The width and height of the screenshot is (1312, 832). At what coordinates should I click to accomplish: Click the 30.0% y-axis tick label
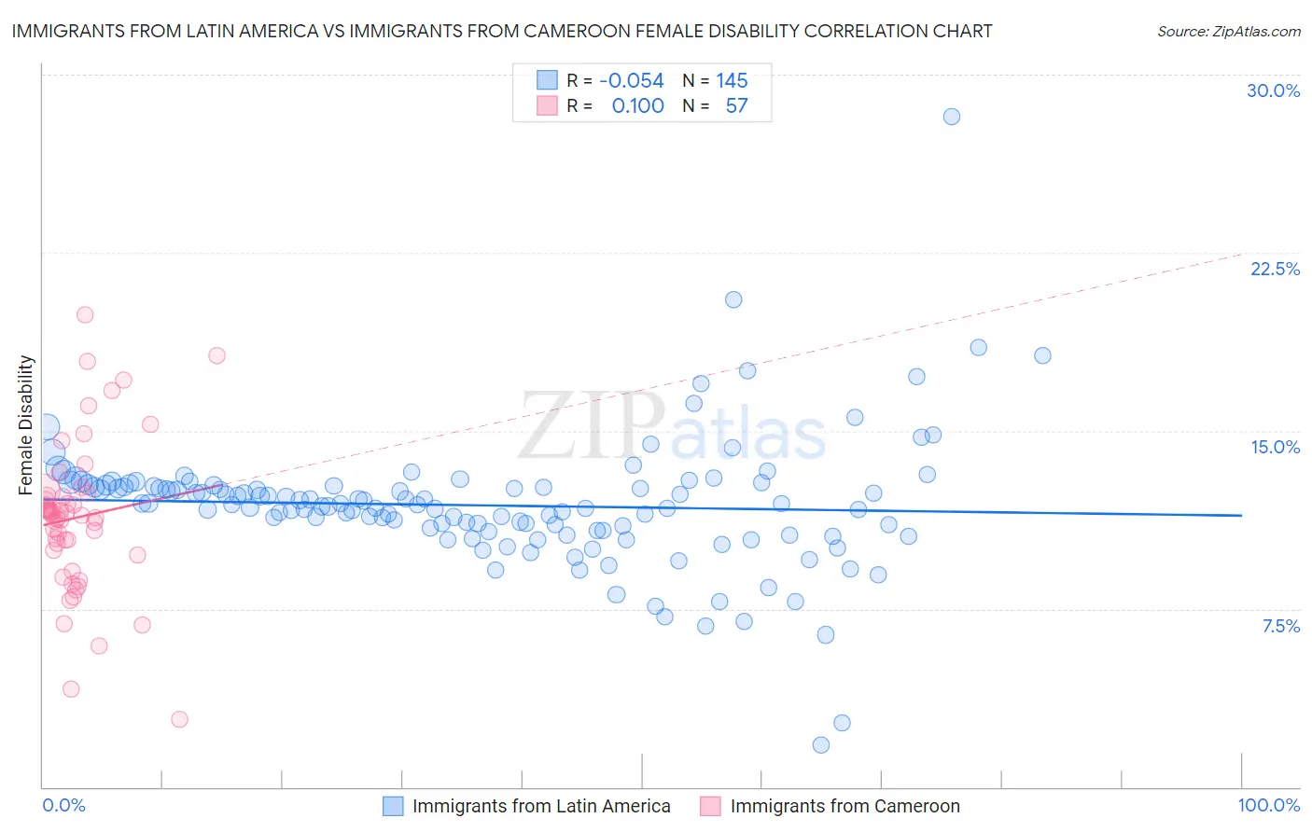[x=1273, y=90]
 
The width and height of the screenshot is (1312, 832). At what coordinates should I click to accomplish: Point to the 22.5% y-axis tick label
[x=1275, y=269]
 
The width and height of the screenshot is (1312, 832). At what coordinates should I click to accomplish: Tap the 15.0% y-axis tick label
[x=1275, y=447]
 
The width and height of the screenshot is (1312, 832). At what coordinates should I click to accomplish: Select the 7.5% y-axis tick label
[x=1280, y=626]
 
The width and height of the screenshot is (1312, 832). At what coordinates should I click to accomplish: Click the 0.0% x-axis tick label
[x=63, y=805]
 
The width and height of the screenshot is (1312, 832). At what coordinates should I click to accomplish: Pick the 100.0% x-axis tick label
[x=1269, y=805]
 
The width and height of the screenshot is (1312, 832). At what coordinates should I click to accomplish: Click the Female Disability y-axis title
[x=26, y=424]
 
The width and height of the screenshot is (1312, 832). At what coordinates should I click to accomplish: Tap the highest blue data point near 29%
[x=951, y=117]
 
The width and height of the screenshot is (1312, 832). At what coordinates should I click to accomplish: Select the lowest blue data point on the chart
[x=821, y=744]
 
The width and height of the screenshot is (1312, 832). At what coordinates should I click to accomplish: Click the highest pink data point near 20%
[x=85, y=314]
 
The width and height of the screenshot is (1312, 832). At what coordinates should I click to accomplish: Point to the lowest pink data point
[x=179, y=719]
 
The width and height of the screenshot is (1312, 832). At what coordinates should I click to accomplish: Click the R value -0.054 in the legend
[x=632, y=81]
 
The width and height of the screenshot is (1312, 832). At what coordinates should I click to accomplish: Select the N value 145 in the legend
[x=732, y=81]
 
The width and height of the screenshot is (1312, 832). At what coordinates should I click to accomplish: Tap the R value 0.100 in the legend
[x=637, y=106]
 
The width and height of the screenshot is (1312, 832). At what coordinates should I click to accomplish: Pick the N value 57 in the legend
[x=736, y=106]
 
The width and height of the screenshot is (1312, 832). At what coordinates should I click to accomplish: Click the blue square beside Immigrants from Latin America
[x=394, y=806]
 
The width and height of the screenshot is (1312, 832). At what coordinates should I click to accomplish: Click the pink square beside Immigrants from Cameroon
[x=711, y=806]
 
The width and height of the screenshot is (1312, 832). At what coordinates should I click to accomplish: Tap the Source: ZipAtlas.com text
[x=1228, y=32]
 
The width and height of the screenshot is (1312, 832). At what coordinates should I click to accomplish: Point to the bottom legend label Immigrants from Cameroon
[x=844, y=806]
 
